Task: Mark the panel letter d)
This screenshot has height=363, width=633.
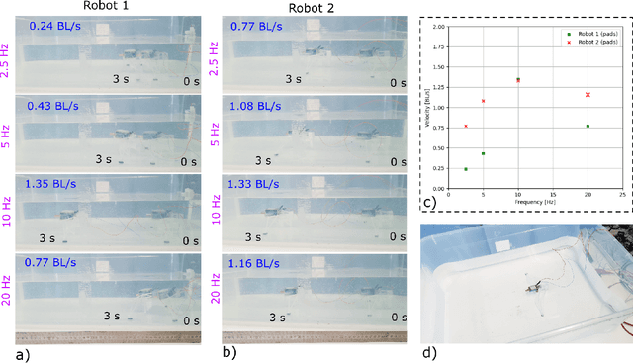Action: pos(428,352)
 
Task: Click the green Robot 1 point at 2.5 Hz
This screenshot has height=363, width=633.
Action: pos(466,169)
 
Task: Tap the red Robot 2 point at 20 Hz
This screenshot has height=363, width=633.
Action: pos(588,95)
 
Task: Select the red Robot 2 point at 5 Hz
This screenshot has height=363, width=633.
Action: pos(483,101)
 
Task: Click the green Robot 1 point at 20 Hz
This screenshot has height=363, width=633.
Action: pos(588,126)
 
